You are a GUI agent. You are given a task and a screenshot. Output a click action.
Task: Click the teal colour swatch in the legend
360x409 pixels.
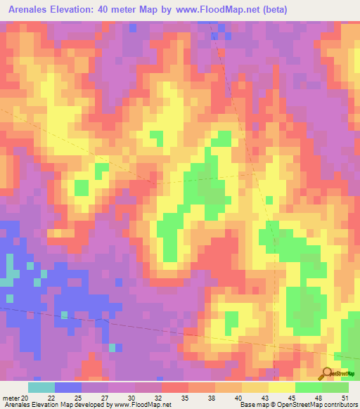41,387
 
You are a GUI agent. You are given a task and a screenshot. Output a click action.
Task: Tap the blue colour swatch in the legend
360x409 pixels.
67,387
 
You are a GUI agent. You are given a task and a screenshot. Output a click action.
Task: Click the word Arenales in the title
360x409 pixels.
29,9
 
